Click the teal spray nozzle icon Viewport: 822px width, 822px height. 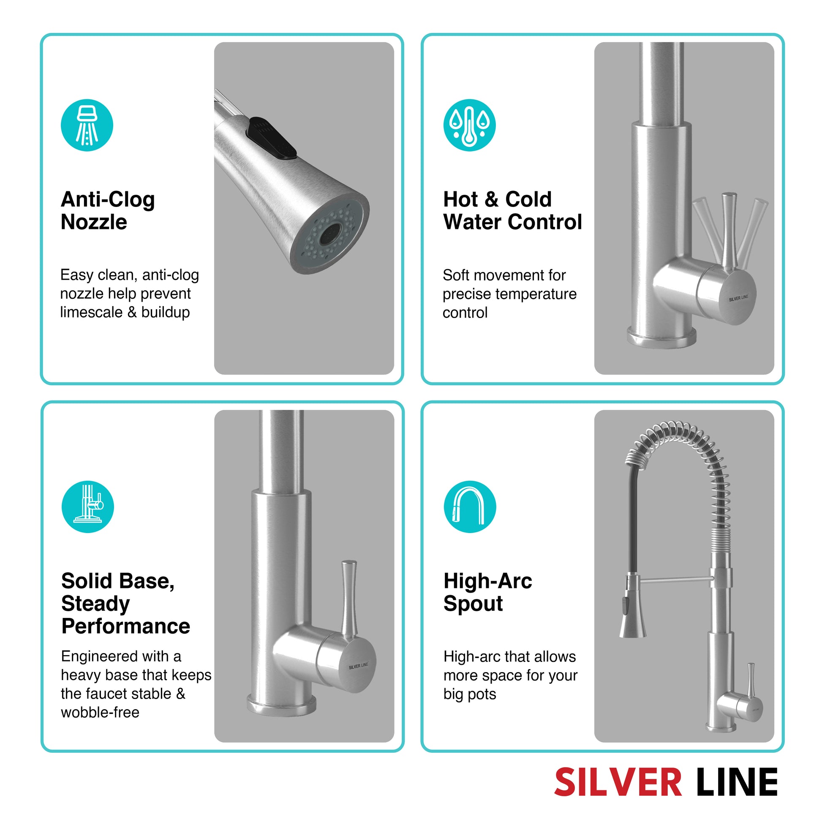pos(87,125)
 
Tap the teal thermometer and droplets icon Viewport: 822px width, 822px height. pos(469,125)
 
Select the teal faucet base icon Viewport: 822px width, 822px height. pos(87,507)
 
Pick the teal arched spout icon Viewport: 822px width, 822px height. pos(470,507)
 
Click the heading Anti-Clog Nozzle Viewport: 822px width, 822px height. pos(108,211)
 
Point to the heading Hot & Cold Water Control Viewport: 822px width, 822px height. pos(512,211)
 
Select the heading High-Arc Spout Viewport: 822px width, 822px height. pos(487,592)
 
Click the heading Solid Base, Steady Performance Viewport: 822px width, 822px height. pos(125,603)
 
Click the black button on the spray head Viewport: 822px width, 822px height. pos(271,139)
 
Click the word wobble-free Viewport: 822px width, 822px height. pos(100,712)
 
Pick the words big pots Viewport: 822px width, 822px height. pos(470,694)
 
